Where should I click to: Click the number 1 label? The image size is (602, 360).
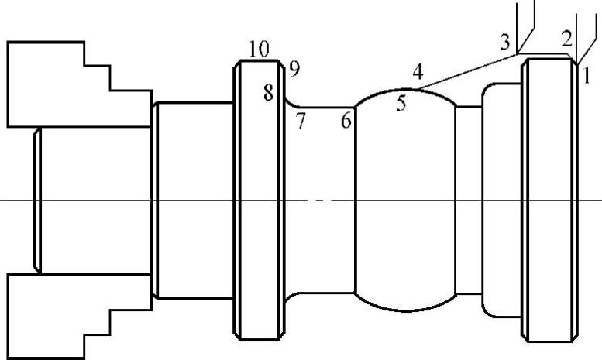(587, 75)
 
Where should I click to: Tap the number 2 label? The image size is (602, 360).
(567, 39)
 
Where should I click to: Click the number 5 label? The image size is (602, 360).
(401, 103)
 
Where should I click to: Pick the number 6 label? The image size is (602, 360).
(346, 120)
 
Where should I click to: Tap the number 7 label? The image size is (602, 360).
(300, 120)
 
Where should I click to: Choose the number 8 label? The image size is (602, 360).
(268, 94)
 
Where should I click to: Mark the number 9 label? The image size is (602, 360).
(293, 70)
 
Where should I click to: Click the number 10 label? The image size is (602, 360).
(259, 49)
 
